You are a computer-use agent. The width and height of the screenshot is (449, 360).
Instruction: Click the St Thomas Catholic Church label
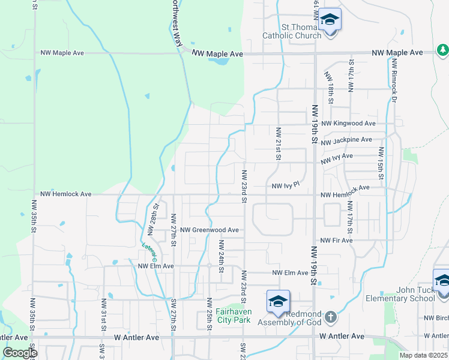pyautogui.click(x=292, y=31)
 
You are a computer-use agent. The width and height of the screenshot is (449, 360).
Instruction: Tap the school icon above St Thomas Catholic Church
pyautogui.click(x=330, y=20)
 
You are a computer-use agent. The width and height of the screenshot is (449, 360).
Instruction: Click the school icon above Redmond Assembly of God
pyautogui.click(x=279, y=302)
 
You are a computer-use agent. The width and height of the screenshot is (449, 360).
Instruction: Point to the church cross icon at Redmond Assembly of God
pyautogui.click(x=330, y=316)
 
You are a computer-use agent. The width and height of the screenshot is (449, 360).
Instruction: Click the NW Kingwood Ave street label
pyautogui.click(x=348, y=124)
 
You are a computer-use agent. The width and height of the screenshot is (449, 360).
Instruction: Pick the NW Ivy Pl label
pyautogui.click(x=285, y=187)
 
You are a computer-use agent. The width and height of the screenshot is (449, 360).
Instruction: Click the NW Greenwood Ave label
pyautogui.click(x=209, y=230)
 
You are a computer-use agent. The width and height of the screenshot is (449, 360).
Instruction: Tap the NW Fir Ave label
pyautogui.click(x=337, y=240)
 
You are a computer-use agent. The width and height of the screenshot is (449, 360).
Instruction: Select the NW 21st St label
pyautogui.click(x=279, y=143)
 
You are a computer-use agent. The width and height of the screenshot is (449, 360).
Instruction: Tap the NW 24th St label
pyautogui.click(x=221, y=257)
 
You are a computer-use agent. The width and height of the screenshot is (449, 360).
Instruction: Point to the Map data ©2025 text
pyautogui.click(x=424, y=355)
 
